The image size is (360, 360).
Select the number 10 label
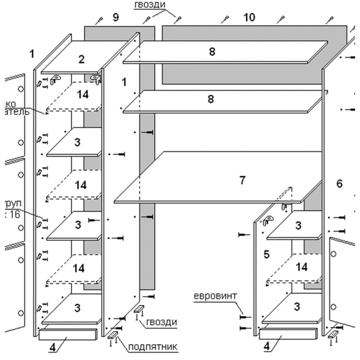point(249,17)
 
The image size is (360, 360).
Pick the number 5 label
point(266,254)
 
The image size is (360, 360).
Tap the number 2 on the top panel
point(81,59)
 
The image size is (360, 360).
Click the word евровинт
point(217,298)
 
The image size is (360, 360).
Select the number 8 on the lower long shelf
point(210,99)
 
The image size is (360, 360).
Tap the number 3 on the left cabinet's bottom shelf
point(77,308)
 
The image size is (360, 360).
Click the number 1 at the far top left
point(32,53)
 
